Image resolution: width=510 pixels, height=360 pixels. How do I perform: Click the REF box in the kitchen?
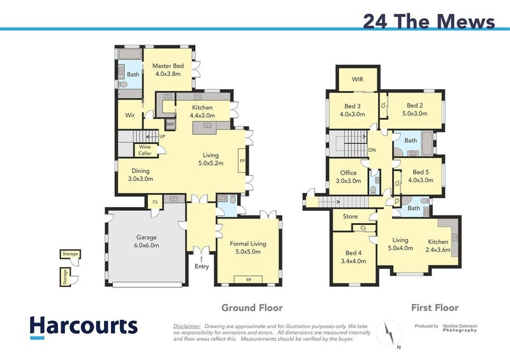(170, 124)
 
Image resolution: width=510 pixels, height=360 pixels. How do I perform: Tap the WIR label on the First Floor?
(357, 80)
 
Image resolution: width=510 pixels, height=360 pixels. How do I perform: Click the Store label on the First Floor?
(351, 217)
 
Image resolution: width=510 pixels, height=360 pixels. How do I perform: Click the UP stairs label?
(162, 136)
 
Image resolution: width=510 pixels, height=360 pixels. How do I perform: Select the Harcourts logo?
(84, 326)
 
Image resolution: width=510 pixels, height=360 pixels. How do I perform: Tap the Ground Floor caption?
(252, 308)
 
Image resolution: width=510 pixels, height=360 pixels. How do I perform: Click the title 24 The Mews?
(428, 21)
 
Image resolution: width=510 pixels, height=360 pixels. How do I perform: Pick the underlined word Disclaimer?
(187, 326)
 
